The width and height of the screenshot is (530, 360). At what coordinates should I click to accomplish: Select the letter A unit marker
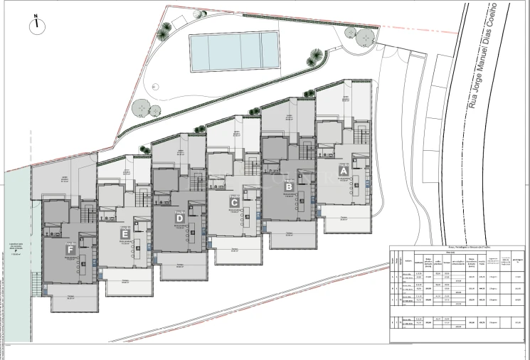[x=343, y=171]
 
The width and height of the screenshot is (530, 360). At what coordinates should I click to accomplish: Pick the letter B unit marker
[x=289, y=188]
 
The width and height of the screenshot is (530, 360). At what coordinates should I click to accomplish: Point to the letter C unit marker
[x=233, y=203]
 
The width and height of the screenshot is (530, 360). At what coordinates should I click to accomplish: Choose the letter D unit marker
[x=179, y=218]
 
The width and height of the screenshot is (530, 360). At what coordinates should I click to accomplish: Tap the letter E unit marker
[x=125, y=233]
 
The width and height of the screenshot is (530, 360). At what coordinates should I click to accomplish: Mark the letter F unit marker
[x=70, y=250]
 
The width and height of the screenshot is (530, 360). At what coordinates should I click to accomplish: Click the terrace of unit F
[x=72, y=301]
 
